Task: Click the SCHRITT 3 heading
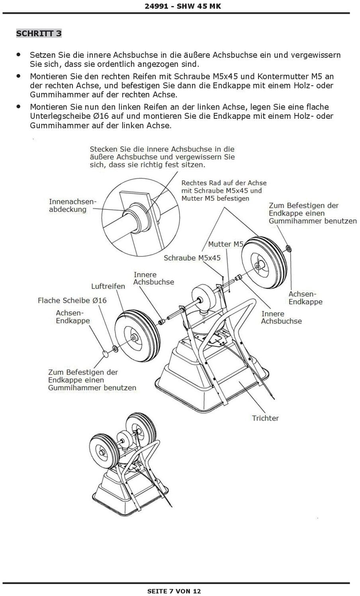39,33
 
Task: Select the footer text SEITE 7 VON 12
174,591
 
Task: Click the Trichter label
265,418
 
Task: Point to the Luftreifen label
108,286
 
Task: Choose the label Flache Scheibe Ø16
72,300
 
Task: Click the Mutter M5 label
225,244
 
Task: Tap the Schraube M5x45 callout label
192,258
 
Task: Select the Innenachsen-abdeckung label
72,205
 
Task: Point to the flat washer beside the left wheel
115,348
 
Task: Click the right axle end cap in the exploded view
290,249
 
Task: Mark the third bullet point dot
18,106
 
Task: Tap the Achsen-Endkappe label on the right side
305,298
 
